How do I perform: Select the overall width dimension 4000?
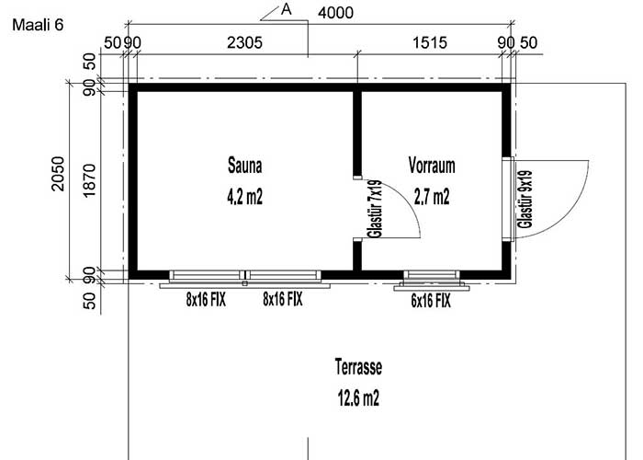tap(335, 13)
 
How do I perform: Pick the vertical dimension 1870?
tap(89, 180)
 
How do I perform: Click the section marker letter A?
tap(286, 10)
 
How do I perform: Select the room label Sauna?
tap(245, 167)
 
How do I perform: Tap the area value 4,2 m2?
tap(245, 196)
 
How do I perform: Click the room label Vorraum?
tap(432, 167)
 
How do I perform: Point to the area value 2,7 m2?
tap(432, 196)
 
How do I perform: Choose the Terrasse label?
tap(358, 368)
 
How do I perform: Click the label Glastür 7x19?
tap(375, 211)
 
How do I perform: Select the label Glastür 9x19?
tap(525, 198)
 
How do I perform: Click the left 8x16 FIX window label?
tap(207, 300)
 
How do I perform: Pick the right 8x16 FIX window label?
tap(282, 300)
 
